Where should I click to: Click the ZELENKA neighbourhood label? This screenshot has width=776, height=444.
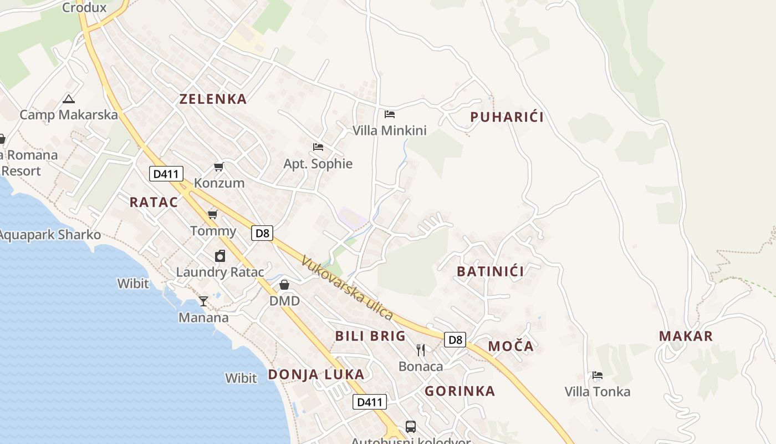click(213, 99)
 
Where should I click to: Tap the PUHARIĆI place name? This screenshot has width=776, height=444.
click(507, 117)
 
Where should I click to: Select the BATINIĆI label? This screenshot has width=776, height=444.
click(490, 271)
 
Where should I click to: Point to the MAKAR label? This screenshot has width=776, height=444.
click(686, 336)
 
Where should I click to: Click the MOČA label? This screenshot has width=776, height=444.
click(510, 346)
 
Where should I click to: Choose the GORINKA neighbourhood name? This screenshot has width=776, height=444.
click(460, 391)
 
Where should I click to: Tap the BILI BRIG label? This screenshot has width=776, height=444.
click(370, 336)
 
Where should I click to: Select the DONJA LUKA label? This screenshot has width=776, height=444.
click(316, 374)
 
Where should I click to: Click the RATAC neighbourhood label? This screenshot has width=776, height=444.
click(154, 202)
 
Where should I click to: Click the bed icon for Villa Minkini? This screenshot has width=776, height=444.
click(390, 114)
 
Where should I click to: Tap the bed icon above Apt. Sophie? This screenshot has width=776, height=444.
click(318, 147)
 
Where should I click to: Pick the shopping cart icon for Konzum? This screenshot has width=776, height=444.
click(219, 167)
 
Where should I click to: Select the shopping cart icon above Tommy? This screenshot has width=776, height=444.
click(212, 214)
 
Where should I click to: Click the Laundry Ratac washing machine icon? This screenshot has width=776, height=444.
click(220, 256)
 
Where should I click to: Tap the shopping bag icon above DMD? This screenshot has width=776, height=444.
click(284, 285)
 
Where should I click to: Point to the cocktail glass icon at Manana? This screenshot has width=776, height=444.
click(203, 301)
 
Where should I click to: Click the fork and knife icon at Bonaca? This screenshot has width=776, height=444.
click(421, 350)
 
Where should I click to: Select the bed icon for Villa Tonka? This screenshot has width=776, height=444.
click(597, 375)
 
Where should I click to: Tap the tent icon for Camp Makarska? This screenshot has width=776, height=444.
click(69, 99)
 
